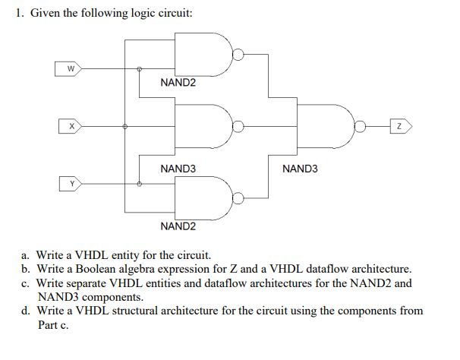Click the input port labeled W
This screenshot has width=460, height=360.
71,69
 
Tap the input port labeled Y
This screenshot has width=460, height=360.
71,183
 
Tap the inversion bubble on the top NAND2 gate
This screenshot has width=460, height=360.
238,54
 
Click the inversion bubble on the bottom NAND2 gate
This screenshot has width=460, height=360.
238,199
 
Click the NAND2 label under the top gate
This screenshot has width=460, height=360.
178,82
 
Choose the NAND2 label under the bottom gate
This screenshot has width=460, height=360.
178,226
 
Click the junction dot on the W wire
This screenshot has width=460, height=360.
139,69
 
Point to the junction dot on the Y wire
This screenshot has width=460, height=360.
139,183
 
